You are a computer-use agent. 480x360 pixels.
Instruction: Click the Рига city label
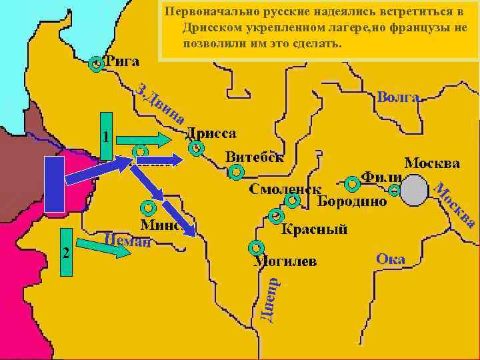[x=121, y=61]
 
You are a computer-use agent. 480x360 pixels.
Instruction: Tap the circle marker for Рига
[x=97, y=64]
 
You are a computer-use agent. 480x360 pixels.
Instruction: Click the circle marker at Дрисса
[x=195, y=149]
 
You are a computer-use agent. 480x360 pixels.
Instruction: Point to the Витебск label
[x=254, y=157]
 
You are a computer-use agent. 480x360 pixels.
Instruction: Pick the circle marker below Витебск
[x=235, y=173]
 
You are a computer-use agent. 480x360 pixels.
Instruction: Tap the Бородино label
[x=351, y=201]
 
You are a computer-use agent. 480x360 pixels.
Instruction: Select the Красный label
[x=314, y=230]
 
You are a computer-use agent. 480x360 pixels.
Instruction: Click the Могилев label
[x=285, y=261]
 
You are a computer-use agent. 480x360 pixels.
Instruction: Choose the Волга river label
[x=398, y=97]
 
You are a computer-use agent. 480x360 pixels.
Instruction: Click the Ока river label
[x=391, y=259]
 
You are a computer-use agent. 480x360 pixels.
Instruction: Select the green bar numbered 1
[x=106, y=137]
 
